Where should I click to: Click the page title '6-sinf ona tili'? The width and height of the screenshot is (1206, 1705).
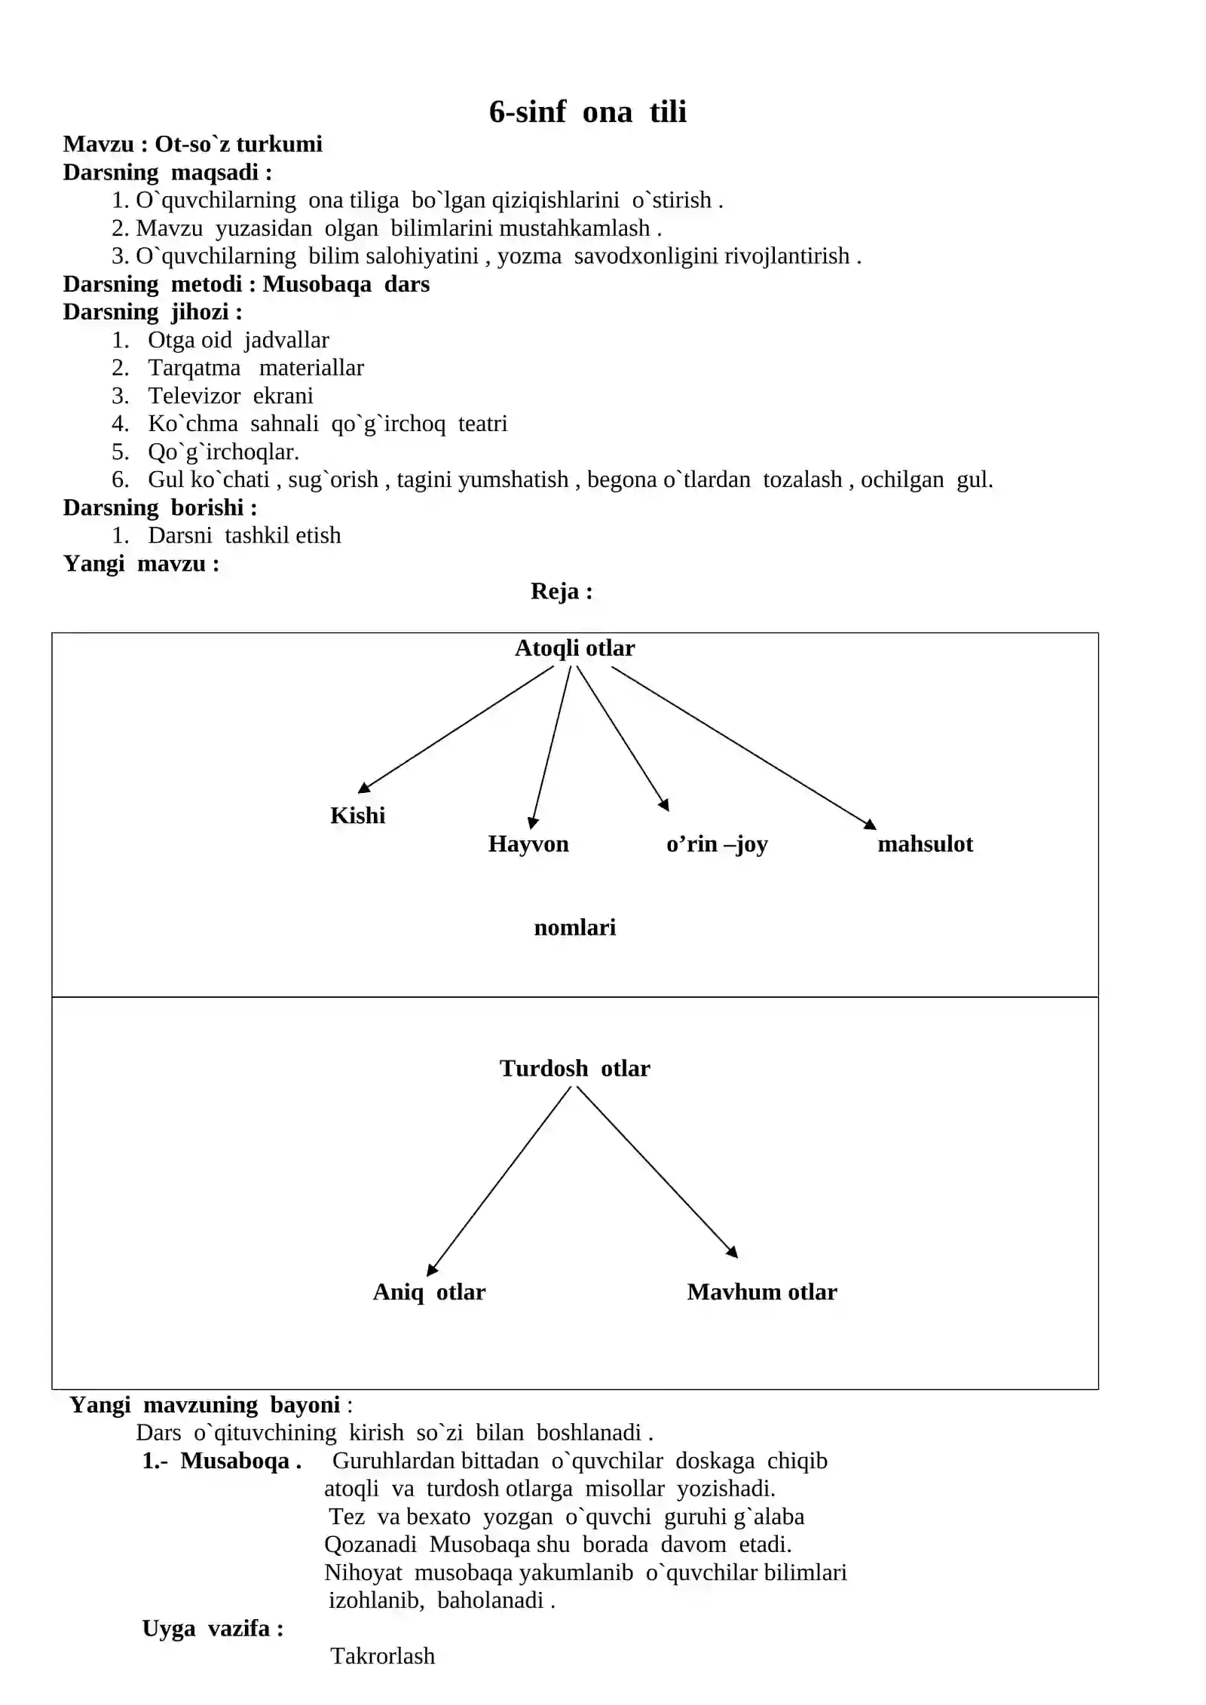click(x=587, y=112)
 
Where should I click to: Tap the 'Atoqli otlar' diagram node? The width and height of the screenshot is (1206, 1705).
click(x=574, y=648)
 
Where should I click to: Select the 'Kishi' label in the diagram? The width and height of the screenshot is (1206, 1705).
click(x=357, y=815)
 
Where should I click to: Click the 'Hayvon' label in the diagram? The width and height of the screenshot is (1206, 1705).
click(x=528, y=843)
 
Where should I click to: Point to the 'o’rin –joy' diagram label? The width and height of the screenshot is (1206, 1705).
click(x=717, y=844)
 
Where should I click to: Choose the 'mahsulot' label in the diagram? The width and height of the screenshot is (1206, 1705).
click(x=925, y=843)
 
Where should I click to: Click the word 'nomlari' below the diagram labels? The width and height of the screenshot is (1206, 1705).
click(x=574, y=927)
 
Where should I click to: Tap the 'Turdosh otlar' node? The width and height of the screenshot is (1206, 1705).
click(x=574, y=1068)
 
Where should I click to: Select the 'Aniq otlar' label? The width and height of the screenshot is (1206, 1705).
click(x=429, y=1292)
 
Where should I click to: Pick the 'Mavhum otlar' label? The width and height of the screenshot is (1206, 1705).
click(x=762, y=1292)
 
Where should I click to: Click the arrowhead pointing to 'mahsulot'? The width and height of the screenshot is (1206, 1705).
click(x=870, y=825)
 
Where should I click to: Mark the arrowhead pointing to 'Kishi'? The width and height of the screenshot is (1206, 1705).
click(x=364, y=788)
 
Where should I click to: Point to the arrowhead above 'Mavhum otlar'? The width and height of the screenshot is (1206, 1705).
click(x=732, y=1252)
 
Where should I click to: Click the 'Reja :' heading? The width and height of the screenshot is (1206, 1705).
click(x=562, y=591)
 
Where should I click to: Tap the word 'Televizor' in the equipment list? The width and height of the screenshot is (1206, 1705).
click(x=194, y=396)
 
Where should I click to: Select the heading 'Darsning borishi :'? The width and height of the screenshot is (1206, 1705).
click(x=160, y=507)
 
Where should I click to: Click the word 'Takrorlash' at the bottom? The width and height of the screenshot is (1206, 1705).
click(x=383, y=1656)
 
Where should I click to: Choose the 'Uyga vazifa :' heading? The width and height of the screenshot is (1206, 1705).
click(x=213, y=1628)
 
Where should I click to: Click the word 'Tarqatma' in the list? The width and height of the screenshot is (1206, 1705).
click(x=194, y=368)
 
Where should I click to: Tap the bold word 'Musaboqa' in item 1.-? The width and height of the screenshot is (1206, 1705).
click(x=235, y=1461)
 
